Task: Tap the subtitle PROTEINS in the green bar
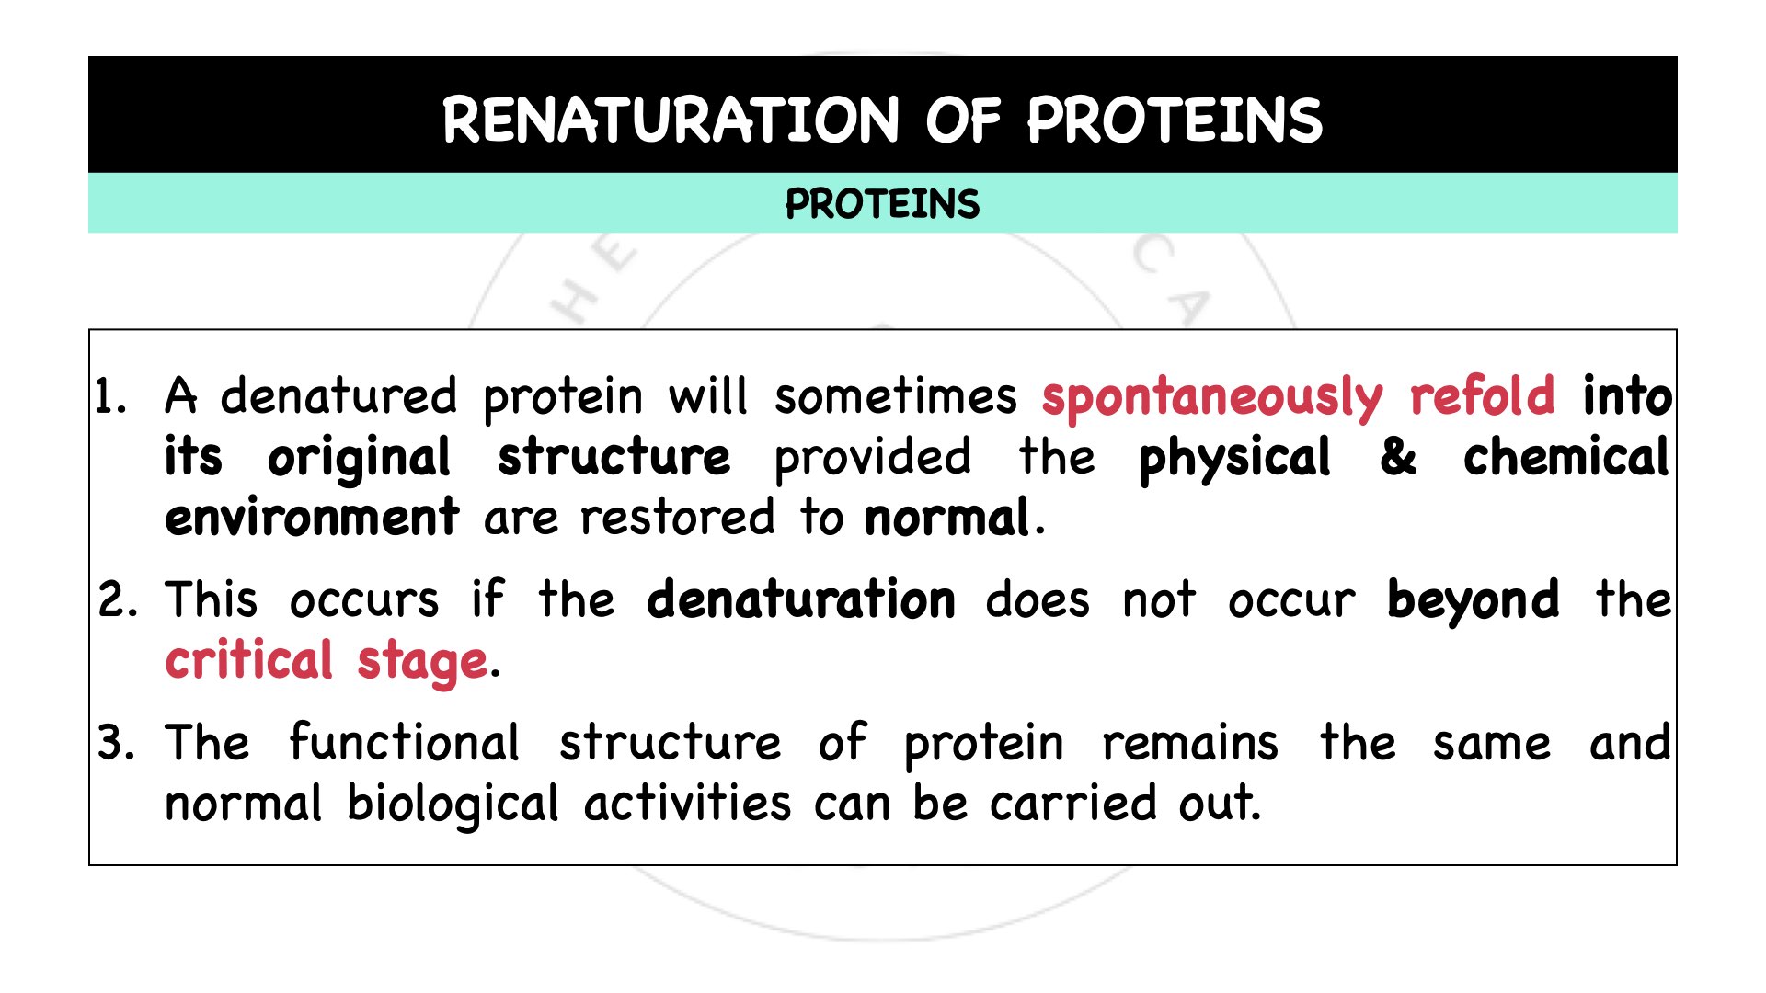882,203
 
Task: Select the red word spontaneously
1211,397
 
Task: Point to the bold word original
359,458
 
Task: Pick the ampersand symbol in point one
1397,457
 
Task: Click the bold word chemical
1565,457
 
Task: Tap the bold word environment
312,518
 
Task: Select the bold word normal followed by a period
946,518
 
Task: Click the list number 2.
117,600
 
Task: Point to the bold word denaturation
800,599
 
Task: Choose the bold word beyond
1473,600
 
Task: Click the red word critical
248,660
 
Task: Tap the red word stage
422,662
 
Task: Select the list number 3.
116,743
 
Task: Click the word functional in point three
404,742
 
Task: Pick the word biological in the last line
453,805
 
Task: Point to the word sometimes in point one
895,397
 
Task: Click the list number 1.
110,397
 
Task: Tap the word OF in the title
962,120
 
